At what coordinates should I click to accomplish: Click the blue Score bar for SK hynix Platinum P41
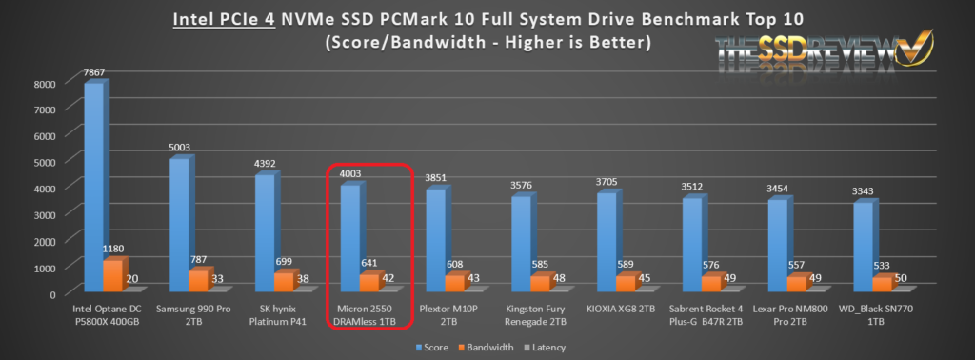click(x=266, y=232)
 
